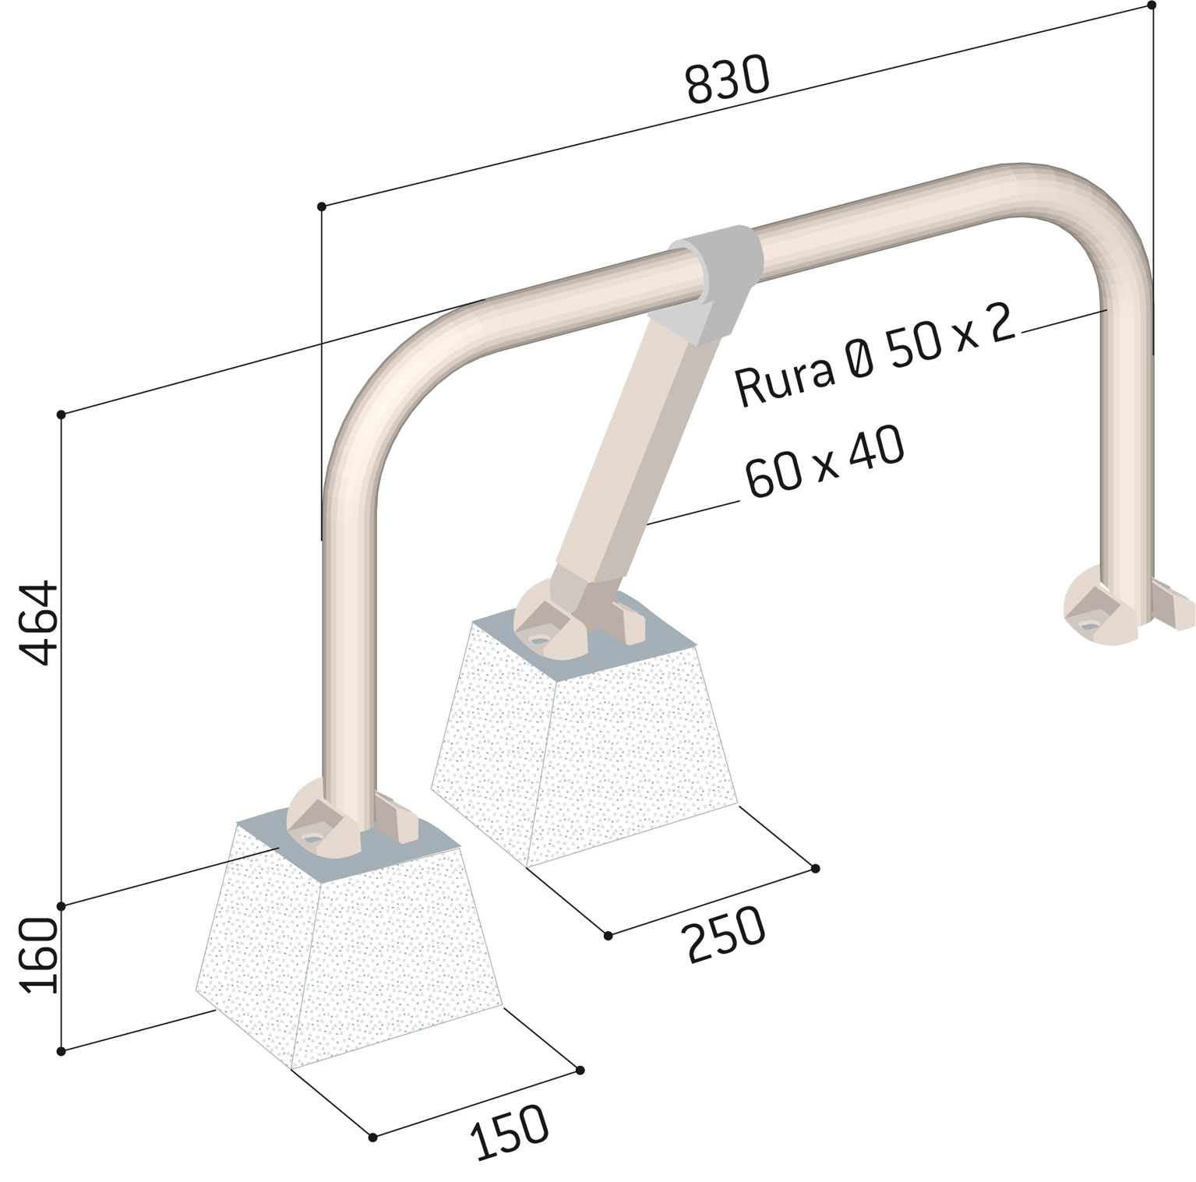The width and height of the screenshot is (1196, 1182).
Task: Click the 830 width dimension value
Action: pos(728,79)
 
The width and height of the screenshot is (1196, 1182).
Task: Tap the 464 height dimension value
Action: pos(39,622)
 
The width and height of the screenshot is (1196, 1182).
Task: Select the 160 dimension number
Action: pos(39,954)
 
